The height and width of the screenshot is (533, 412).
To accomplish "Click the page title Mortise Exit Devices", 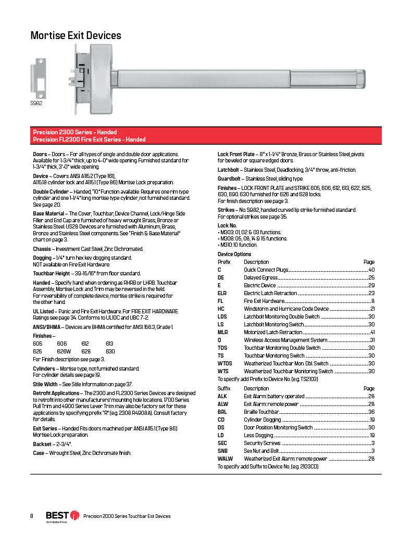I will coord(76,35).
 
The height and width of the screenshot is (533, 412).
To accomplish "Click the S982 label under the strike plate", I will coord(36,103).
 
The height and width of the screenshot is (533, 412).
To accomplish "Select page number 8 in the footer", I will coord(32,516).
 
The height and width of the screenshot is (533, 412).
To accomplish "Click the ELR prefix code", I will coord(222,293).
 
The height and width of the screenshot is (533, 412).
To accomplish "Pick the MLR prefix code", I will coord(222,332).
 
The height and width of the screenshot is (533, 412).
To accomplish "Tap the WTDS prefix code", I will coord(224,363).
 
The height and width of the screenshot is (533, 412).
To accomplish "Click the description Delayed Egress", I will coord(261,277).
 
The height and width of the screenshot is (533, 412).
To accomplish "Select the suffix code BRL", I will coord(222,412).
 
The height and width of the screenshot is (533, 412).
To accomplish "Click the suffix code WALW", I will coord(225,459).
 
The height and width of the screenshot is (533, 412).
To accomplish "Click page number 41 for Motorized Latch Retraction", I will coord(372,332).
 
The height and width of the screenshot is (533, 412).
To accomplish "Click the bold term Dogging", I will coord(42,258).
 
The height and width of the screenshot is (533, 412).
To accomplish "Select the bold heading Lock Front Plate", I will coord(236,154).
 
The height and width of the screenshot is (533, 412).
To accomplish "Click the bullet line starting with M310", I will coord(238,245).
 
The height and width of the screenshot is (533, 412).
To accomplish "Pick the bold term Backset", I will coord(42,444).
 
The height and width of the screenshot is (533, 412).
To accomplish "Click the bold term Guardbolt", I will coord(229,178).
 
